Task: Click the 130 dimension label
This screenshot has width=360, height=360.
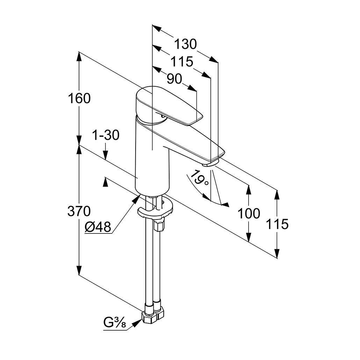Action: point(185,44)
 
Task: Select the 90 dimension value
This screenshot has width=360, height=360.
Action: point(174,79)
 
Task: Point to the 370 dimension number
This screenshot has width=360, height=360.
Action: point(79,211)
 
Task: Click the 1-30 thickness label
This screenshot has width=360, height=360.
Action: point(106,135)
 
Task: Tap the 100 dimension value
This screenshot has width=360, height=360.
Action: point(249,213)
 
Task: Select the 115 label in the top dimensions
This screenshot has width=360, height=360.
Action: point(182,62)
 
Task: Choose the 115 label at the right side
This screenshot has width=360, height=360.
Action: point(278,224)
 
